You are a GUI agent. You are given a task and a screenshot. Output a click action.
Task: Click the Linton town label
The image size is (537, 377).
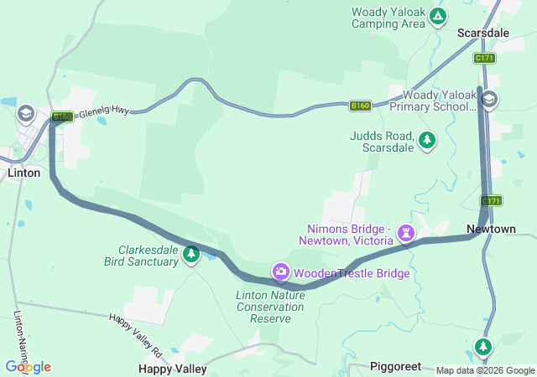click(23, 173)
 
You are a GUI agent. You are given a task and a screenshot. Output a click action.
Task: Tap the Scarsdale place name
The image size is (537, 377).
click(482, 34)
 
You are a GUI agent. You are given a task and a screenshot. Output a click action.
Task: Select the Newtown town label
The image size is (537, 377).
click(491, 229)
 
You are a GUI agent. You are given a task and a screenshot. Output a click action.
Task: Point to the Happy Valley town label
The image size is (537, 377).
click(173, 369)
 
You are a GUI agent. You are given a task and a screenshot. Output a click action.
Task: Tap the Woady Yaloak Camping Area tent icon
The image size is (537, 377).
click(437, 15)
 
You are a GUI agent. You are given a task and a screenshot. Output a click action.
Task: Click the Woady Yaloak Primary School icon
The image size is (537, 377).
click(489, 101)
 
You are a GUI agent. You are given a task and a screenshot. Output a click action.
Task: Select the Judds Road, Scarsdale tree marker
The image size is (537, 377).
click(428, 139)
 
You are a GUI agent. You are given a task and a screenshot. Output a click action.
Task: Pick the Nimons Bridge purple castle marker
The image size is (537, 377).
click(407, 232)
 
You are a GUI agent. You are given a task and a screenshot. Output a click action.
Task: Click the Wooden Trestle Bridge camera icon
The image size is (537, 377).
click(280, 271)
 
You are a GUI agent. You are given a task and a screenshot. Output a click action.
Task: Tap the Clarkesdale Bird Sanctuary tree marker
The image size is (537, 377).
click(191, 253)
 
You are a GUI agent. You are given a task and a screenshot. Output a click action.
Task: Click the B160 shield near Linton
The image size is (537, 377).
click(62, 116)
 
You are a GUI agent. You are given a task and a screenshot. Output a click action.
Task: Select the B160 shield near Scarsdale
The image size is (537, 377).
click(360, 106)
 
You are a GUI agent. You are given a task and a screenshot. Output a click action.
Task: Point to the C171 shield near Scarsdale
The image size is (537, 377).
click(484, 58)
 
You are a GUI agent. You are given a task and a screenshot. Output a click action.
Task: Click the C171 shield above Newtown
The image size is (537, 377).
click(491, 201)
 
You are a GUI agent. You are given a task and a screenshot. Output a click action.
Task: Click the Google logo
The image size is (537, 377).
click(28, 367)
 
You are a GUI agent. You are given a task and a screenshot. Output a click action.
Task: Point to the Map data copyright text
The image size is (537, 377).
click(484, 370)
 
